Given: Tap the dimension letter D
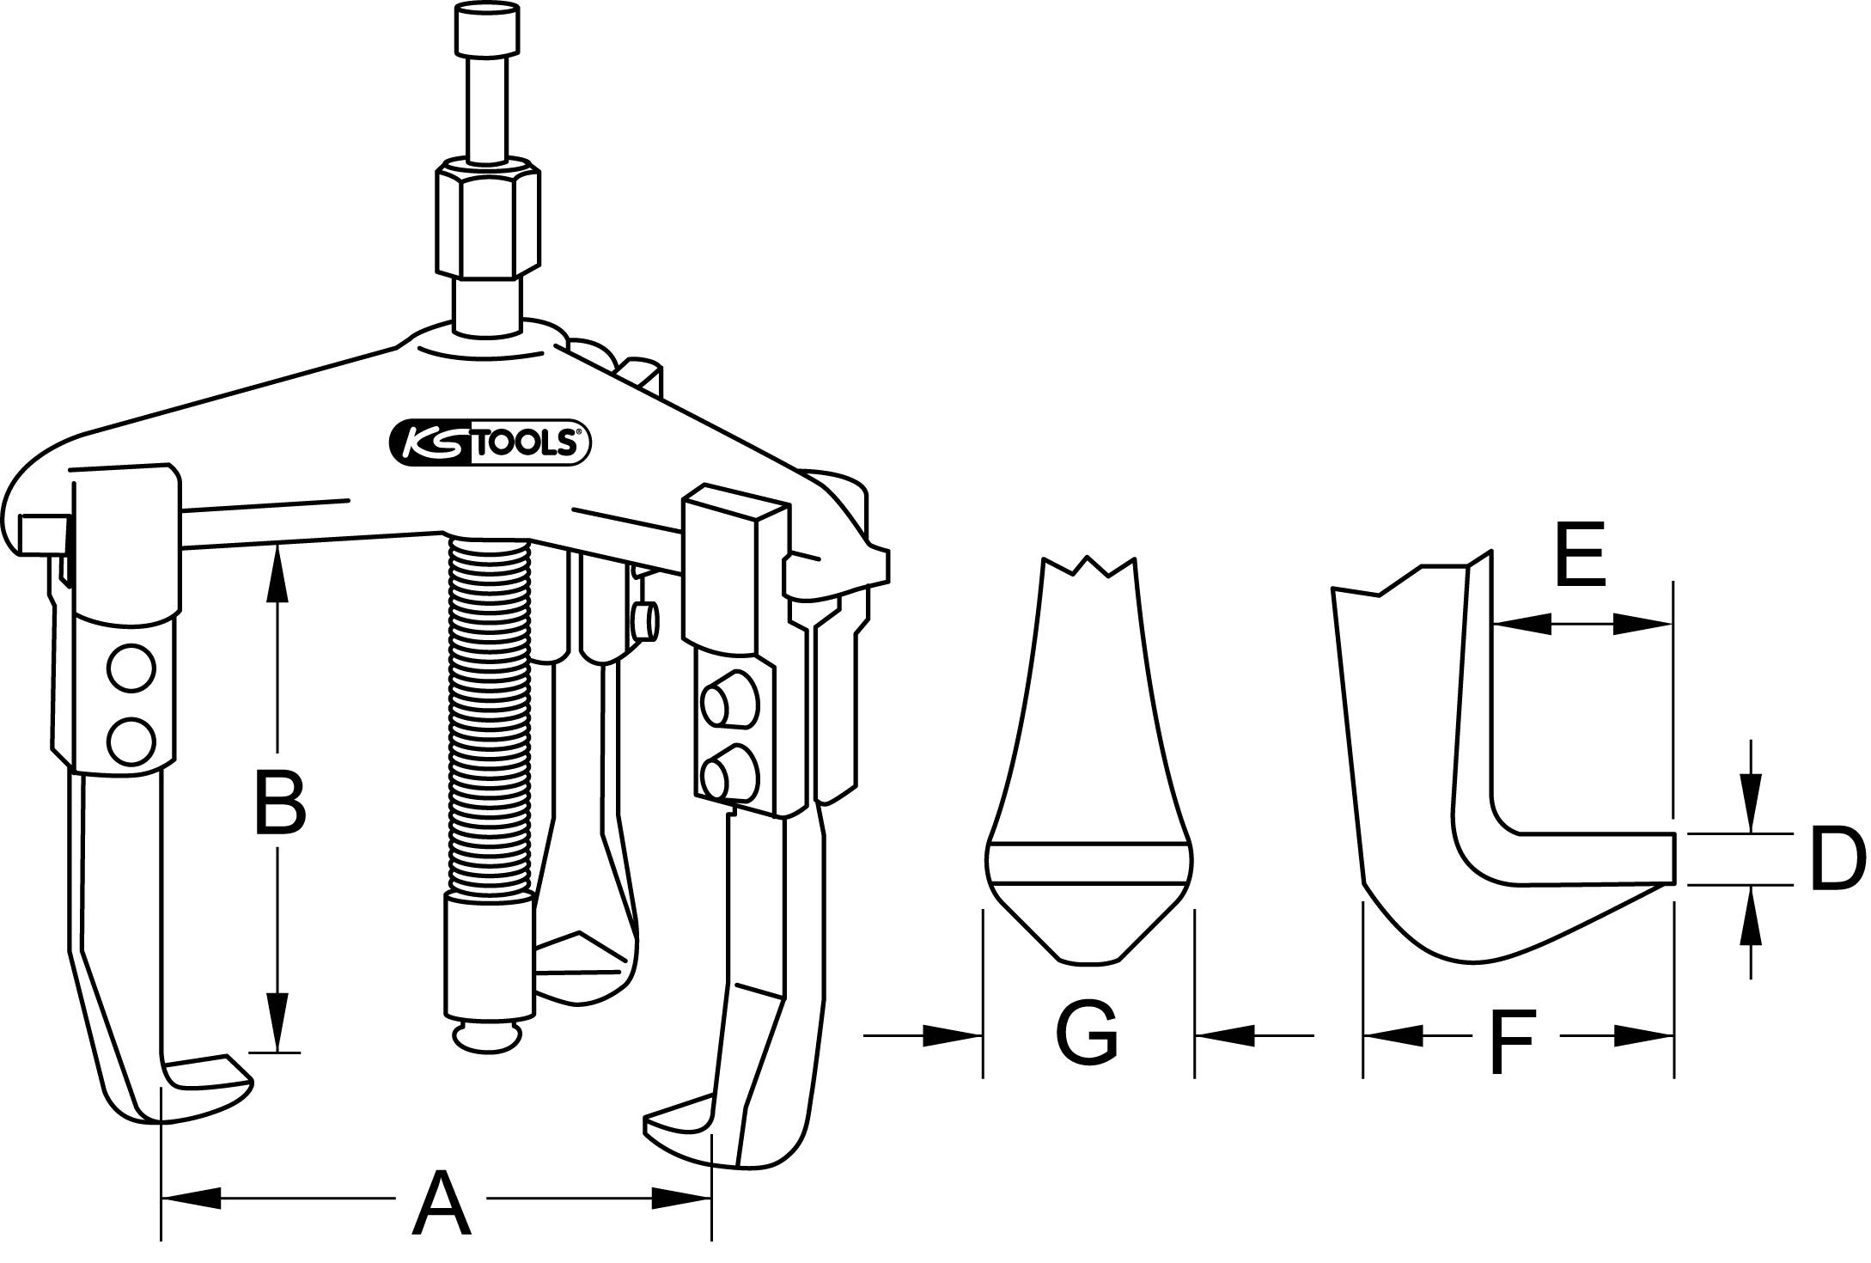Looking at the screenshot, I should tap(1837, 859).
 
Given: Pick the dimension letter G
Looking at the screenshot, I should tap(1087, 1032).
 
